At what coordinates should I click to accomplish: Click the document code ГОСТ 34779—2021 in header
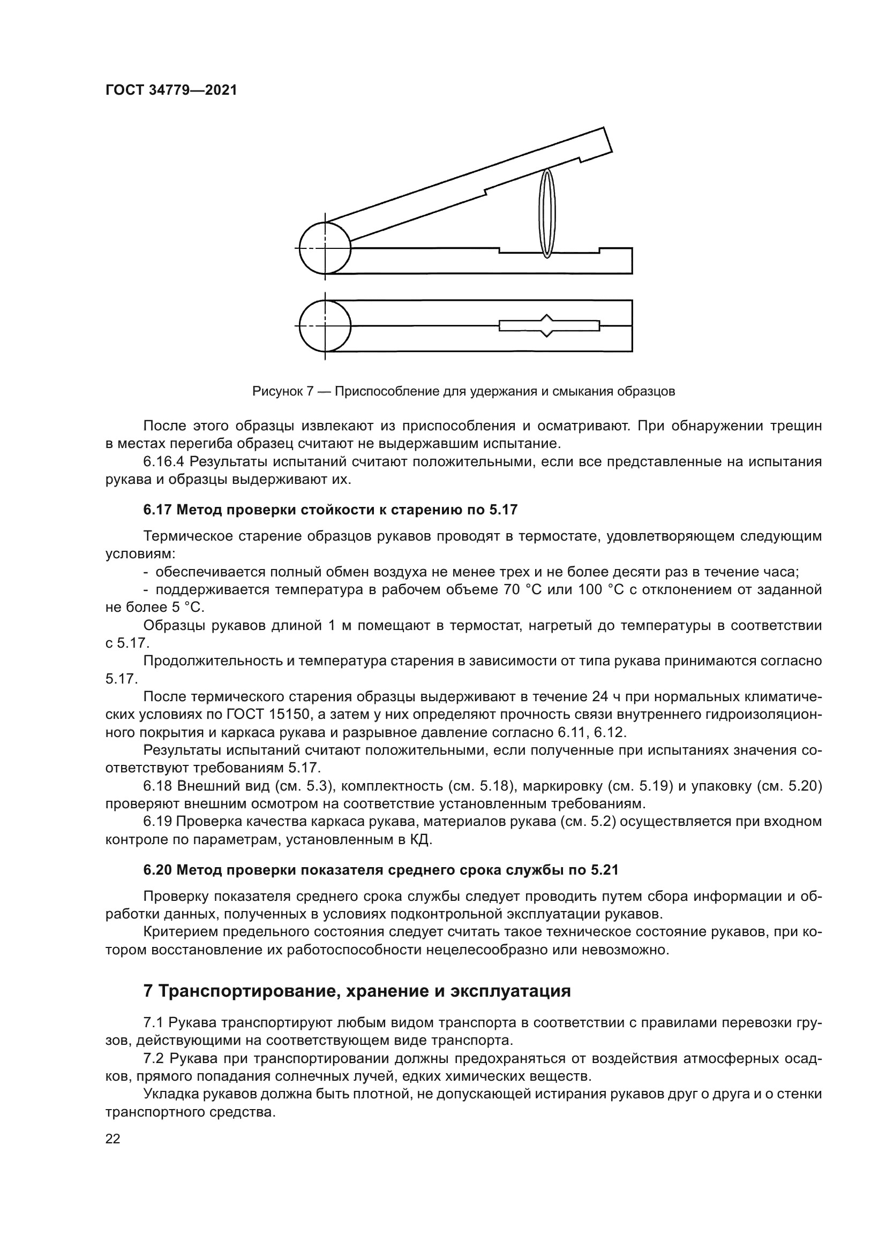click(x=171, y=90)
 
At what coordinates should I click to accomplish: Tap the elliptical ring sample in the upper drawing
click(x=547, y=213)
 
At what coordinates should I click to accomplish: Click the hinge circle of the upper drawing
click(x=325, y=248)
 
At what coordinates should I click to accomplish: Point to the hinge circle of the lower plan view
click(x=325, y=325)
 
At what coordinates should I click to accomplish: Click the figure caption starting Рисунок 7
click(x=463, y=391)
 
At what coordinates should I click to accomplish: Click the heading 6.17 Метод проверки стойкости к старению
click(x=330, y=510)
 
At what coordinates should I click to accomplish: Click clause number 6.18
click(x=157, y=786)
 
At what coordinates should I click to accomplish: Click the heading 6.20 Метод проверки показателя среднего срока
click(x=381, y=870)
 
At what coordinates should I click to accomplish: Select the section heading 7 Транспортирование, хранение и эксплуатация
click(x=357, y=991)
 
